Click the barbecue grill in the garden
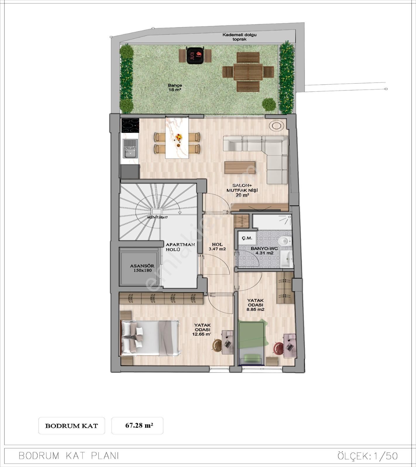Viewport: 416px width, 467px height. pyautogui.click(x=195, y=55)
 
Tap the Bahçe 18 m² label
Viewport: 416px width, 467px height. pyautogui.click(x=175, y=88)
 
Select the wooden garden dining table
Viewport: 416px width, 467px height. pyautogui.click(x=248, y=72)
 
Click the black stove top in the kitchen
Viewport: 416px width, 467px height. pyautogui.click(x=130, y=125)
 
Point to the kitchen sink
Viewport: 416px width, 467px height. pyautogui.click(x=130, y=149)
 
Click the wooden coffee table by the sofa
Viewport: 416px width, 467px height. pyautogui.click(x=240, y=168)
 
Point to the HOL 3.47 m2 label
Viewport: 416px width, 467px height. pyautogui.click(x=217, y=247)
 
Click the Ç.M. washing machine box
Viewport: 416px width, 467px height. pyautogui.click(x=247, y=238)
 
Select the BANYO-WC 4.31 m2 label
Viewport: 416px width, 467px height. pyautogui.click(x=264, y=251)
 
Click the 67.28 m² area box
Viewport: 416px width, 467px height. pyautogui.click(x=137, y=426)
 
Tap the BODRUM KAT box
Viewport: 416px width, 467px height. pyautogui.click(x=72, y=426)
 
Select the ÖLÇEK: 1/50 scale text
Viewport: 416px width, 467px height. pyautogui.click(x=367, y=456)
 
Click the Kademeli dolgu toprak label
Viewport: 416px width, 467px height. pyautogui.click(x=239, y=37)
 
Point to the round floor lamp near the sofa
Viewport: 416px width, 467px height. pyautogui.click(x=277, y=126)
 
